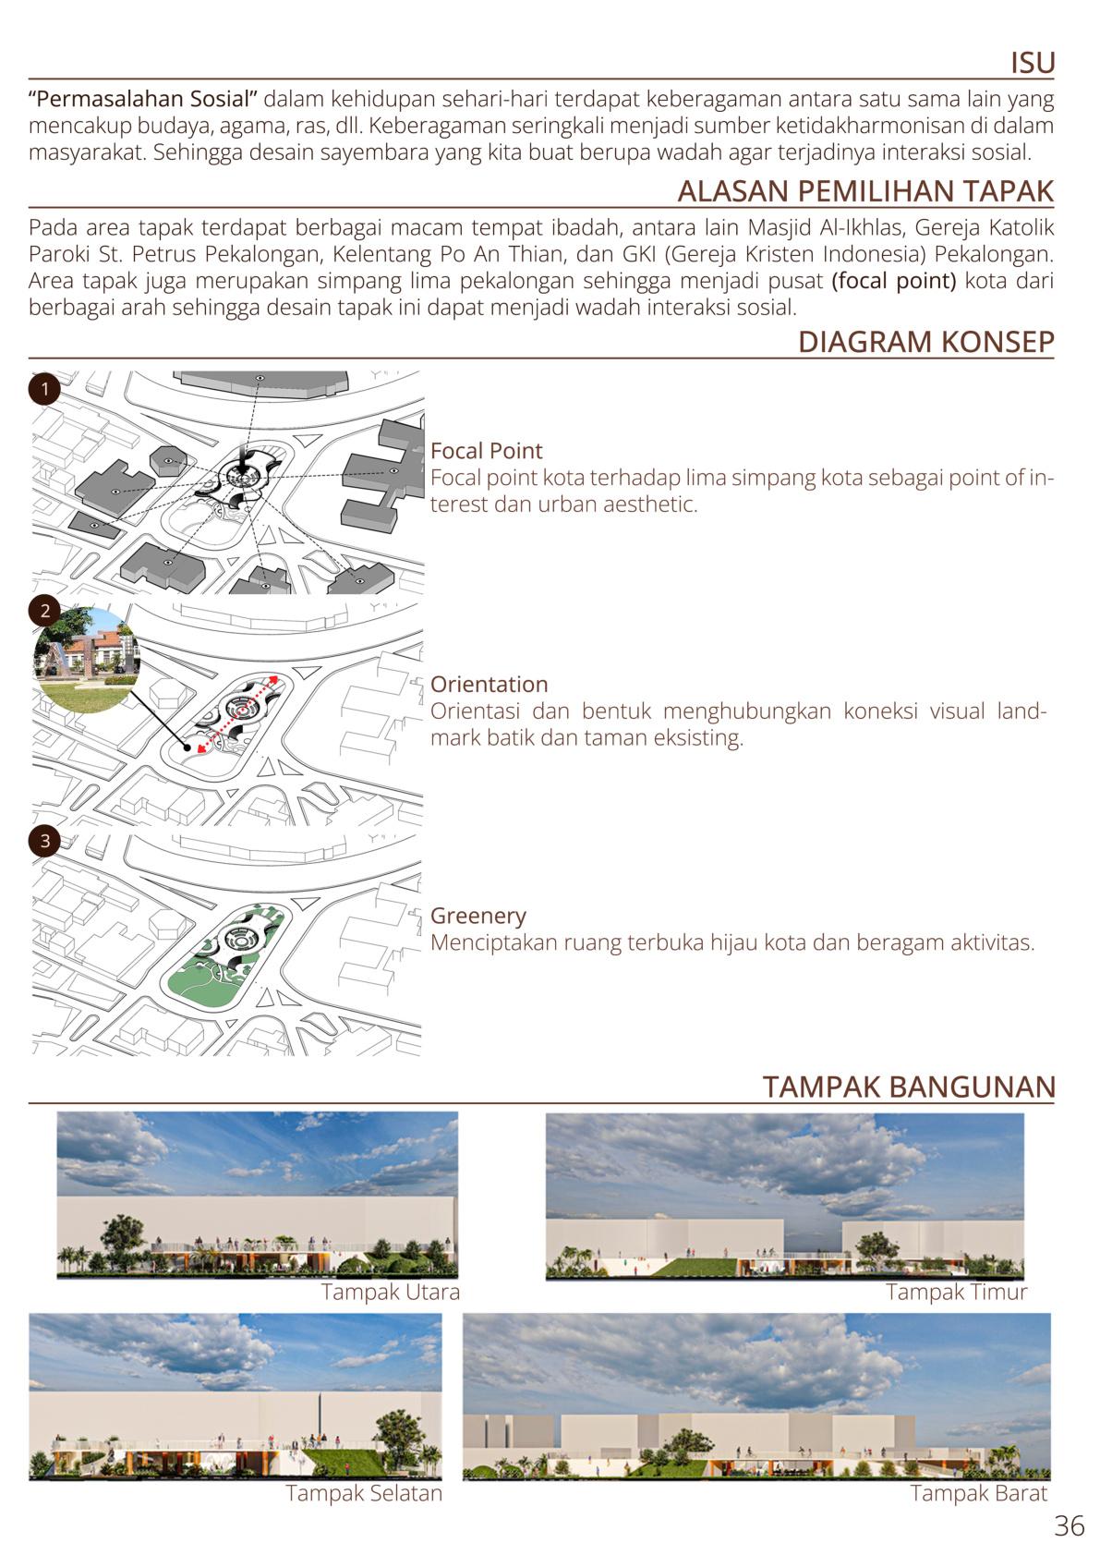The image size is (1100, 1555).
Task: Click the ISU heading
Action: point(1032,63)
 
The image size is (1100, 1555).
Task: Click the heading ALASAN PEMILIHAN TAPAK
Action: point(865,191)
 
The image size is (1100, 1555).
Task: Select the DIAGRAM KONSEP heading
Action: point(925,342)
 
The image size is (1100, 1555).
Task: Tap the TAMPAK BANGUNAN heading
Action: point(908,1087)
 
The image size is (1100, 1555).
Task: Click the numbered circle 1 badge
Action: point(43,388)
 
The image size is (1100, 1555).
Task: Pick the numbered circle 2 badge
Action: point(44,611)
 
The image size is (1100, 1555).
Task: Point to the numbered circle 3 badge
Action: point(44,841)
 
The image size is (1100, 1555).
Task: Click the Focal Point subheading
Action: point(486,451)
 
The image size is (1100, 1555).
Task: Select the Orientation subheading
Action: point(489,685)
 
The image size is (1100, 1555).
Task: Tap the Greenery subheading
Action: point(477,916)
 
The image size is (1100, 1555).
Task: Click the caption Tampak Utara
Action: point(390,1292)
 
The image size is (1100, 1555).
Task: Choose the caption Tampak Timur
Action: point(956,1292)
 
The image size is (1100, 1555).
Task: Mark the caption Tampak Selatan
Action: point(364,1493)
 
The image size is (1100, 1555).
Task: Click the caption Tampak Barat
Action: point(978,1493)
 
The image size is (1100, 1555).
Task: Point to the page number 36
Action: point(1069,1525)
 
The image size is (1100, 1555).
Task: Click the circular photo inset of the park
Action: point(86,659)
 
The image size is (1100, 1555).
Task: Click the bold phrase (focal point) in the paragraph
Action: point(893,280)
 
